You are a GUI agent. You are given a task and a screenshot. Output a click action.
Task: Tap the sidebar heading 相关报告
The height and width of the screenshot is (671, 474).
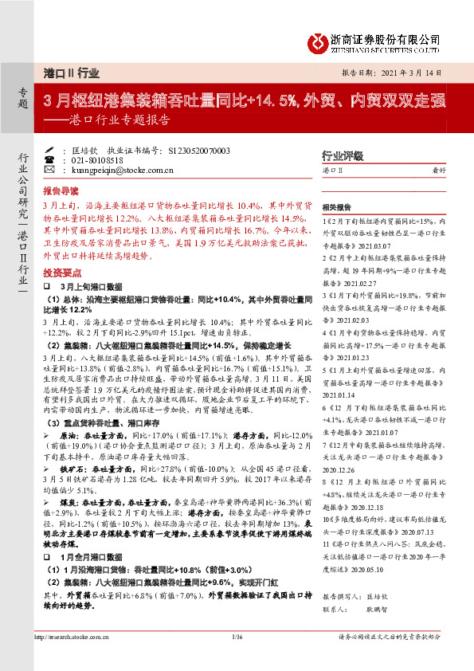click(339, 206)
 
